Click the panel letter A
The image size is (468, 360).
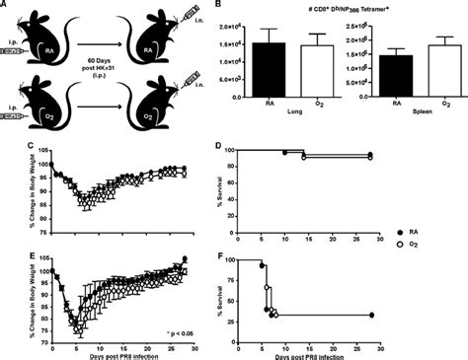click(5, 5)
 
